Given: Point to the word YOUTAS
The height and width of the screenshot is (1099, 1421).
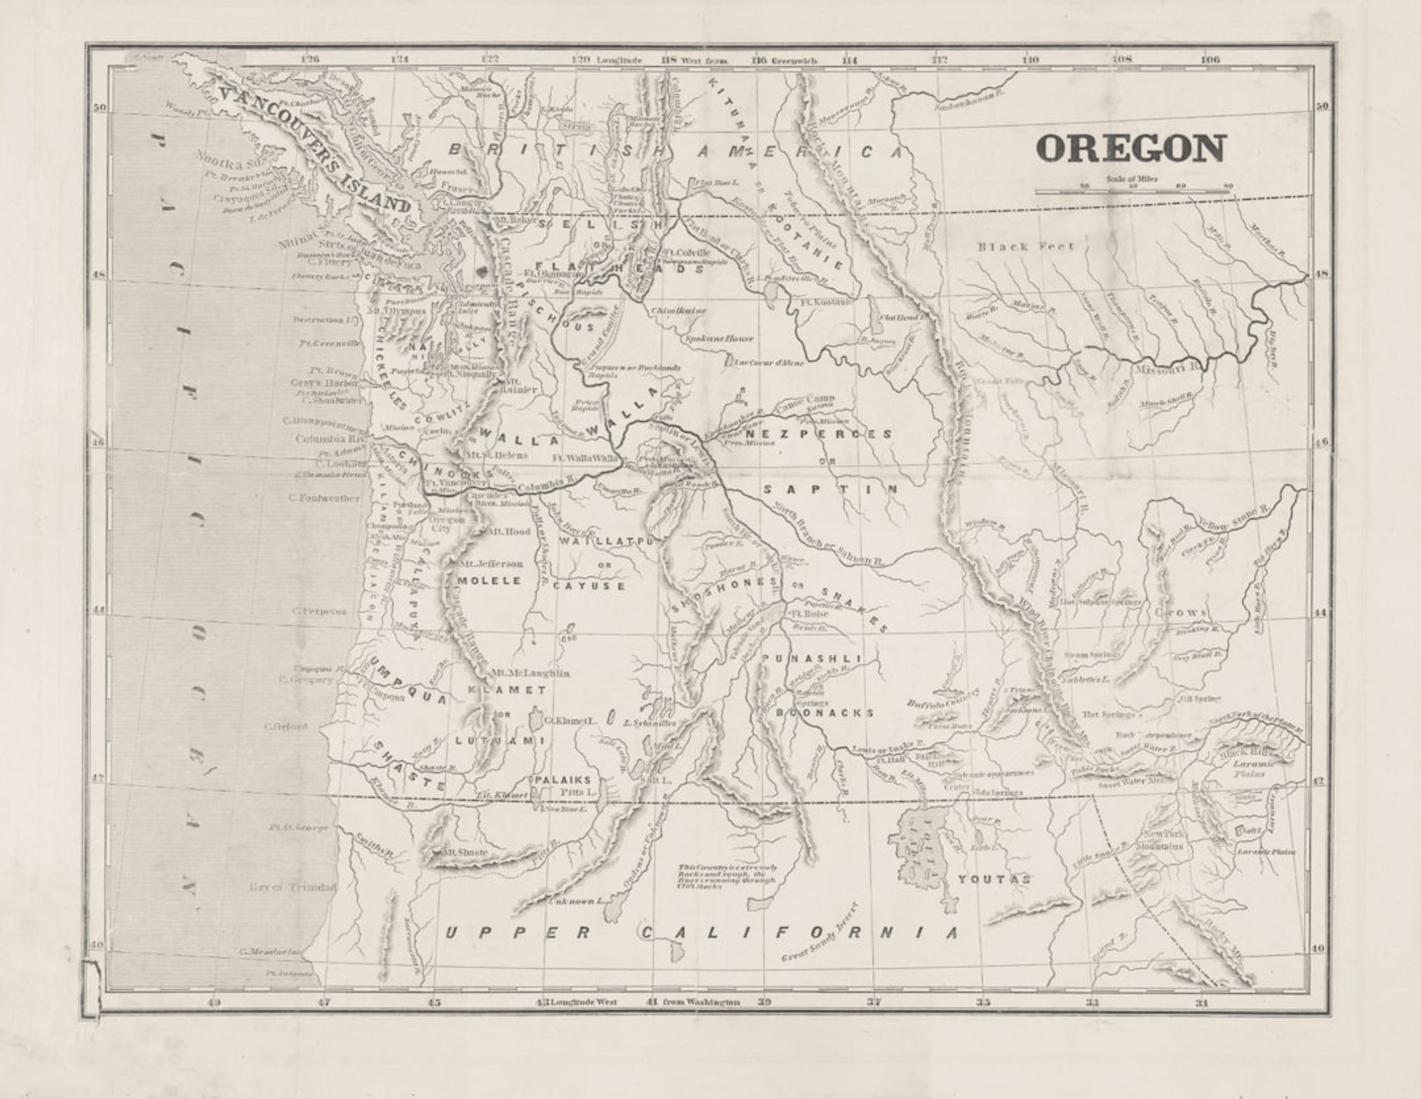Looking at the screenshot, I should [994, 879].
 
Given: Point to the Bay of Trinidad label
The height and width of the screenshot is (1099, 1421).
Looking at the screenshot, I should [293, 887].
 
